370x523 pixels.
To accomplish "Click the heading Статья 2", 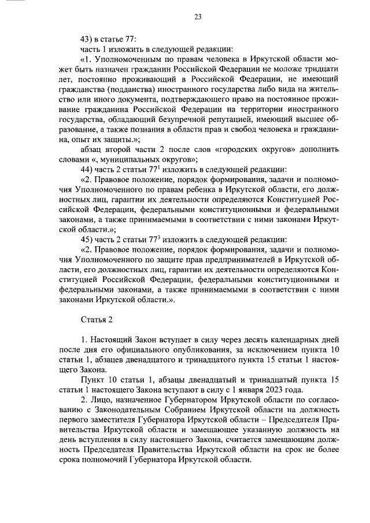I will click(95, 320).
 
